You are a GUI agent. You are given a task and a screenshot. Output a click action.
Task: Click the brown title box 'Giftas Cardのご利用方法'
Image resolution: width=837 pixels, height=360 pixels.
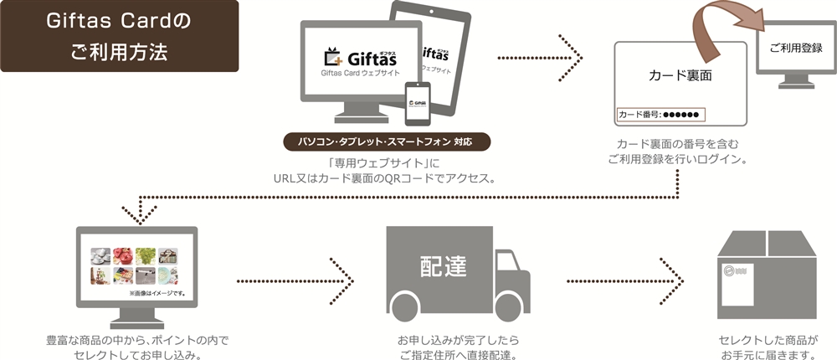click(x=120, y=38)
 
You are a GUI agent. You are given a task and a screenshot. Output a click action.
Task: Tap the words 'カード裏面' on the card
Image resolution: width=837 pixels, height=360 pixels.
click(x=680, y=75)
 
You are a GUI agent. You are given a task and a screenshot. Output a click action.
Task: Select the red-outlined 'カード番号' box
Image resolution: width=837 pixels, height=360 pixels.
click(x=660, y=114)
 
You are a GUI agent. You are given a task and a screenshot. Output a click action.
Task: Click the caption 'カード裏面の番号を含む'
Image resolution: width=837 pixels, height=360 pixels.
click(x=679, y=143)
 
